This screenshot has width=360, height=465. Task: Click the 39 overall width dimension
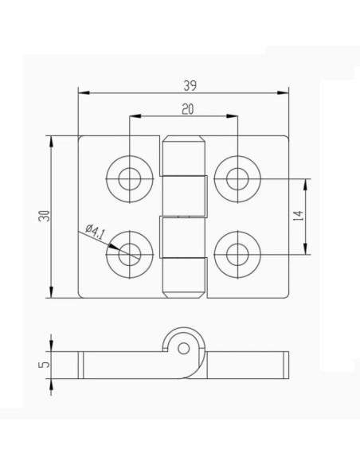click(x=190, y=84)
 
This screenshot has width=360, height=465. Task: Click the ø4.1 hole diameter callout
click(x=94, y=233)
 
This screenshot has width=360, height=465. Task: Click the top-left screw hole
click(x=130, y=178)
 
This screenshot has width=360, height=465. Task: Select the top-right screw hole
click(x=237, y=178)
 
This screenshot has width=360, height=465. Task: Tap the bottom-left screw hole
click(x=130, y=254)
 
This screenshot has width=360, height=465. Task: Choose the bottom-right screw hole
click(x=237, y=254)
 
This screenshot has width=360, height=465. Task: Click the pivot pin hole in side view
click(x=184, y=348)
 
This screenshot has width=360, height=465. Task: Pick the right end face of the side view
click(x=286, y=364)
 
